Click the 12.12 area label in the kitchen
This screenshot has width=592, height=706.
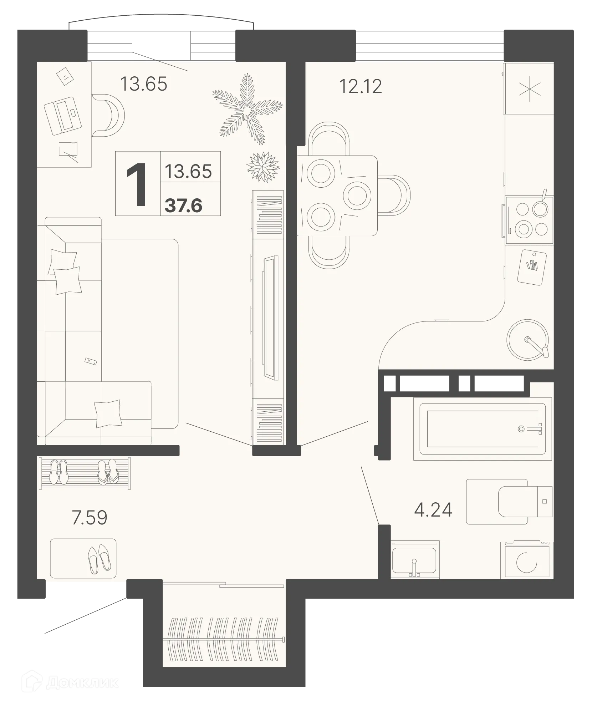(360, 87)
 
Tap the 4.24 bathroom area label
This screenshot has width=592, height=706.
(433, 510)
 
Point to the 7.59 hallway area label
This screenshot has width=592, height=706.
(90, 518)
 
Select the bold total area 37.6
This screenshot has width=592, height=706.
(184, 206)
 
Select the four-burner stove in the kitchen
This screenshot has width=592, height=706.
(529, 220)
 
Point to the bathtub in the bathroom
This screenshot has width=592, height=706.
(483, 429)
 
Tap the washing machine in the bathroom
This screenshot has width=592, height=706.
(526, 560)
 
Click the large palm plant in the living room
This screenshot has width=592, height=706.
(246, 109)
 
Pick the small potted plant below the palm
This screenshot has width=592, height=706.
(262, 166)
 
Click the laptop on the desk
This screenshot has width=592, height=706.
(63, 116)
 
